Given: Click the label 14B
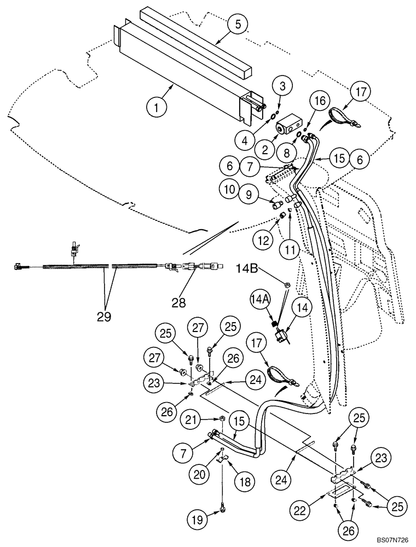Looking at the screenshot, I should click(250, 269).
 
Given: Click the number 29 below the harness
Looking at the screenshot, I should click(103, 316).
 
